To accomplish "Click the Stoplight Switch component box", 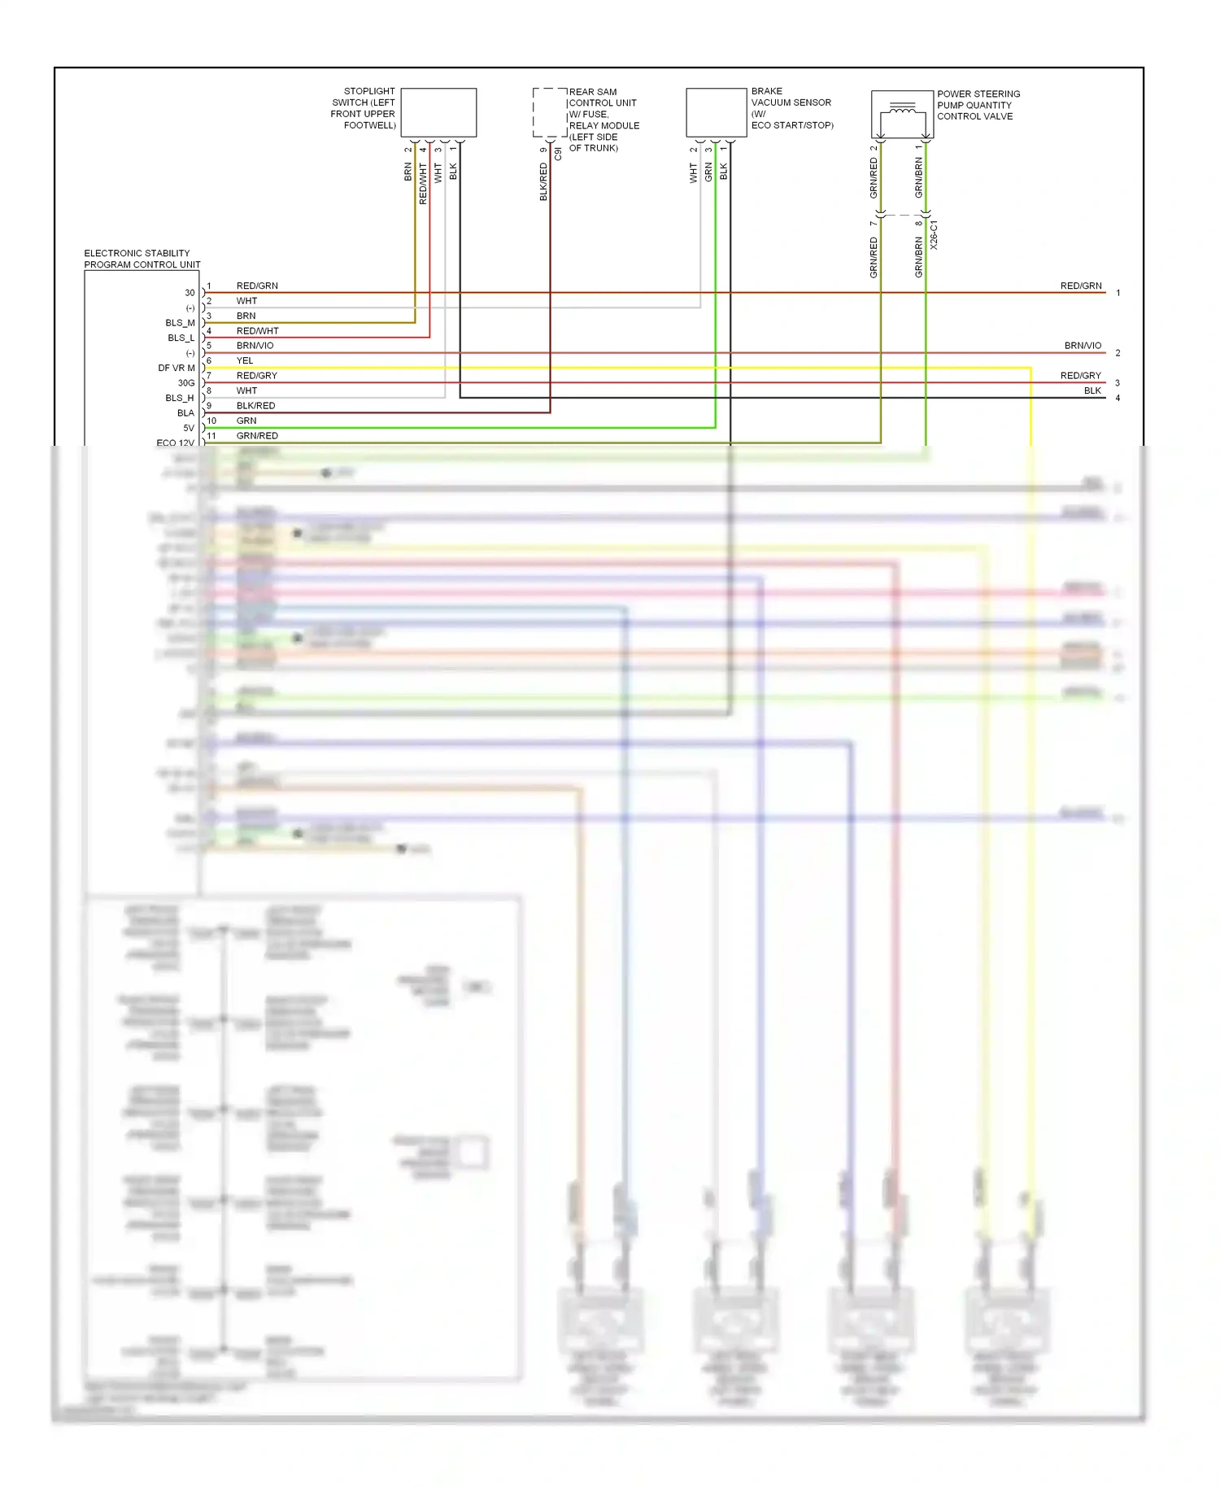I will pos(438,112).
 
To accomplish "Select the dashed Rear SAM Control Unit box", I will pos(549,112).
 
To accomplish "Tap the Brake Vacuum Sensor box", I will pos(716,112).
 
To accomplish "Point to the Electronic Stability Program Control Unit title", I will pos(142,259).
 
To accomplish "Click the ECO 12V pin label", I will pos(175,443).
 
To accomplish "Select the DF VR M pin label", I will pos(176,368).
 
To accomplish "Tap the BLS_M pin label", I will pos(180,323).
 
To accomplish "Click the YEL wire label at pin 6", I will pos(245,361).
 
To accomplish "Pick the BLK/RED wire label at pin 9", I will pos(255,406).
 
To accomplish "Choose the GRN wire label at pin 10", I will pos(246,421).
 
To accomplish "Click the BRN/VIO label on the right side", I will pos(1083,346).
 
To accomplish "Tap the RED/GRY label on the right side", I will pos(1080,376).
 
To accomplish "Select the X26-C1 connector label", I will pos(934,234).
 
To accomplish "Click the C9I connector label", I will pos(558,153).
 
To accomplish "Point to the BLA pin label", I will pos(185,413).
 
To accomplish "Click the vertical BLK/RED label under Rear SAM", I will pos(543,181).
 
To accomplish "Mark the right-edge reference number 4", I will pos(1118,399).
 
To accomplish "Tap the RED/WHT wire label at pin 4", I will pos(257,331).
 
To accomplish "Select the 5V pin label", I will pos(188,429).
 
